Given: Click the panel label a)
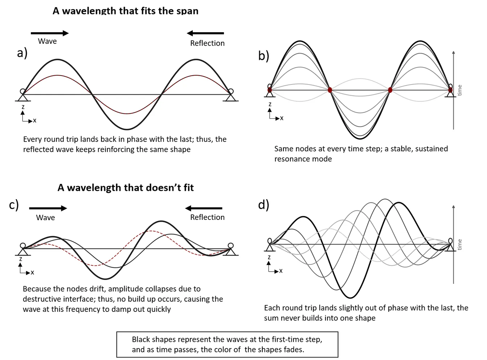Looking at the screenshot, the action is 22,53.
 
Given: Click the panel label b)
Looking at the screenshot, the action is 263,55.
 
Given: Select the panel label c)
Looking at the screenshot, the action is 14,205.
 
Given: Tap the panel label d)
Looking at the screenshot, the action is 263,205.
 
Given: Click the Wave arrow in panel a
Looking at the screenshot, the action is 50,33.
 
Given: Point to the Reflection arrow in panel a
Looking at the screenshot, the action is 205,33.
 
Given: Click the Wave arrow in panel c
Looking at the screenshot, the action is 48,208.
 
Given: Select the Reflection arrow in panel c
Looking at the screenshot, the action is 204,208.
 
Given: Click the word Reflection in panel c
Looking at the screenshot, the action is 207,217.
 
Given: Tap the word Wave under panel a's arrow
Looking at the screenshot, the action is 47,41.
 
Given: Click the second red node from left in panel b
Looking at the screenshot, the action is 330,90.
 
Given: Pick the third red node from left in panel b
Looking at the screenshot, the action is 390,90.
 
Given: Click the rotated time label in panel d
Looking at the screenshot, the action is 459,244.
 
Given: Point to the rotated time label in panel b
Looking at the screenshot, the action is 459,90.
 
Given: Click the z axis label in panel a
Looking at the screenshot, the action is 23,107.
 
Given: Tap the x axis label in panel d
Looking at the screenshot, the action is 281,271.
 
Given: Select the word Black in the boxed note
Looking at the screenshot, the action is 141,339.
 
